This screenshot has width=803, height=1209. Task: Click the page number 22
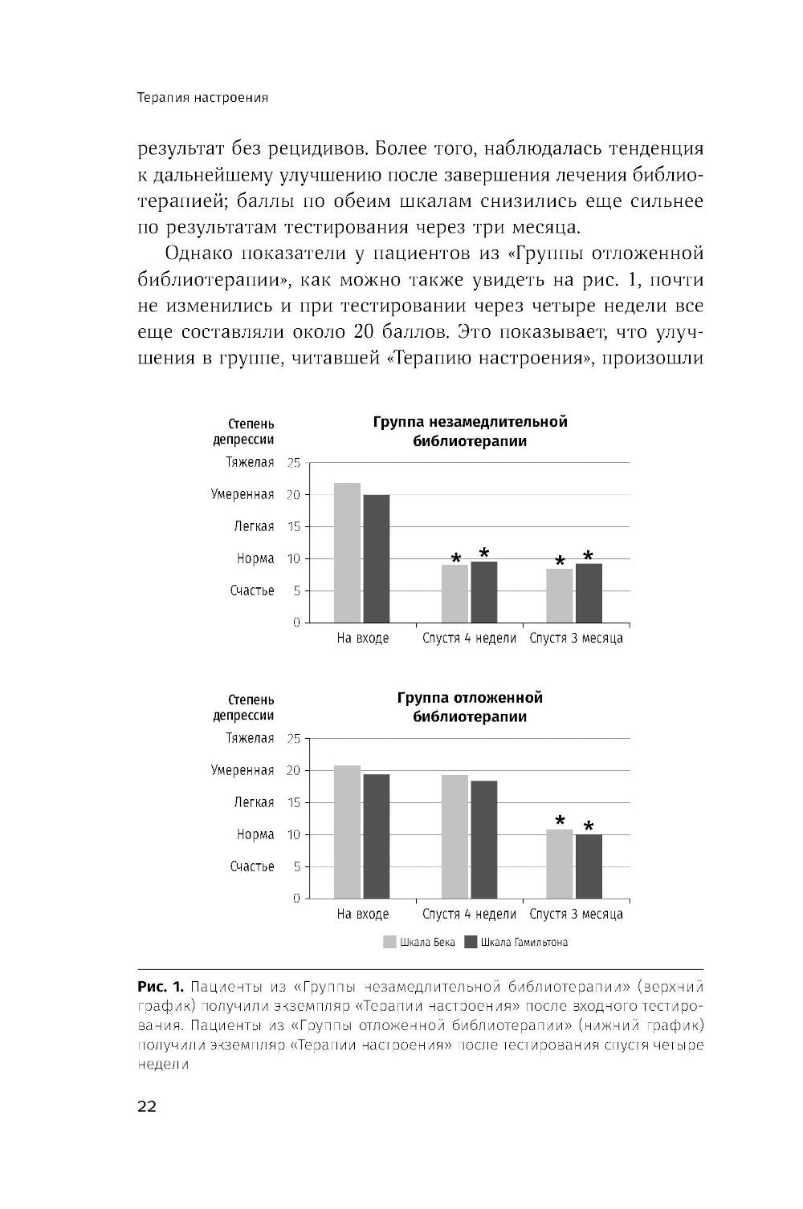[x=147, y=1106]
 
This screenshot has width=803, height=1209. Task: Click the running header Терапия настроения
[x=202, y=98]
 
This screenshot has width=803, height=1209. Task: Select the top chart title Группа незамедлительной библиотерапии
[x=470, y=432]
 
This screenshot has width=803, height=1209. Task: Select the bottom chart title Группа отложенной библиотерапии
[x=470, y=707]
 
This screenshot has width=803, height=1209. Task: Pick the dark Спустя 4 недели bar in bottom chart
[x=484, y=839]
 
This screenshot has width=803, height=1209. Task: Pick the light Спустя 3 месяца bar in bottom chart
[x=560, y=863]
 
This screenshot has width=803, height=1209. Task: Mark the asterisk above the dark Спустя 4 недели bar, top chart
[x=484, y=553]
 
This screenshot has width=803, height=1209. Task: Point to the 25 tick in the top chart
[x=293, y=463]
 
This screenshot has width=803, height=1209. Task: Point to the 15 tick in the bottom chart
[x=293, y=802]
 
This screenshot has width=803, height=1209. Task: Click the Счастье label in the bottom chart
[x=252, y=866]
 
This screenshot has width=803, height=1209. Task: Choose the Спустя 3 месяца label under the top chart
[x=576, y=639]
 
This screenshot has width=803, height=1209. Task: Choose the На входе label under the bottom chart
[x=362, y=914]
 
